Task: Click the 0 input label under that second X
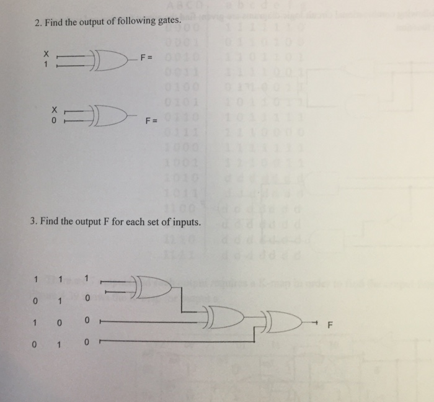pyautogui.click(x=45, y=119)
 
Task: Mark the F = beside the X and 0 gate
pyautogui.click(x=150, y=121)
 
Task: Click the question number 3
pyautogui.click(x=33, y=221)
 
